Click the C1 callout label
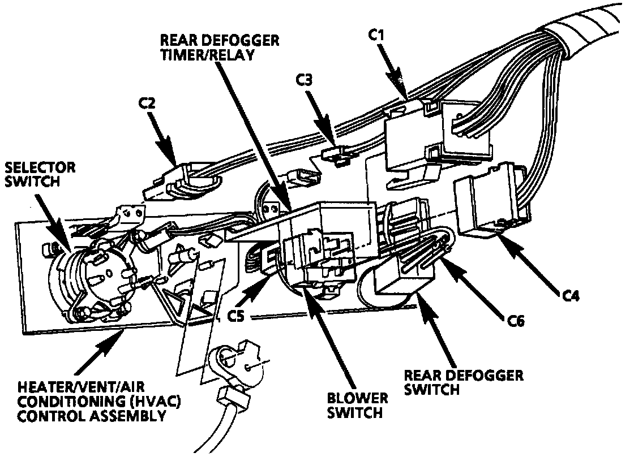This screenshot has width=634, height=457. tap(376, 35)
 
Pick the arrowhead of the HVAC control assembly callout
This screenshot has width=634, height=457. tap(122, 337)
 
